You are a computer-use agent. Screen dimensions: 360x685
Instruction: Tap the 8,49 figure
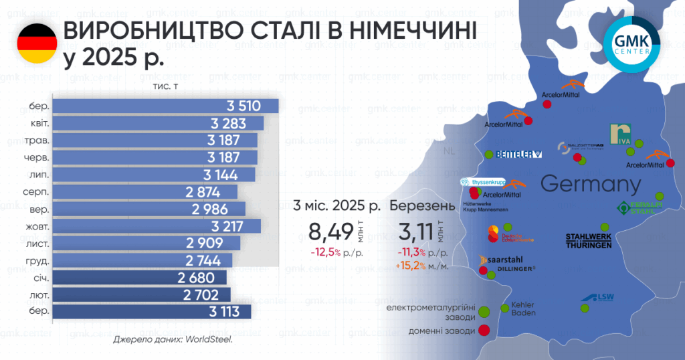tap(330, 233)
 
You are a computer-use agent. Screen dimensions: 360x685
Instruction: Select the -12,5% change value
tap(326, 253)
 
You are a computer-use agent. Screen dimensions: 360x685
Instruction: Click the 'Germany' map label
tap(590, 184)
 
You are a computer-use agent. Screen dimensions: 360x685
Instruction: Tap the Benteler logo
tap(519, 155)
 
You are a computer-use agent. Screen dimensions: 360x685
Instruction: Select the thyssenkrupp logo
tap(482, 181)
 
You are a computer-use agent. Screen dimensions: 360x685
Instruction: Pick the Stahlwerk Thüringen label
tap(588, 241)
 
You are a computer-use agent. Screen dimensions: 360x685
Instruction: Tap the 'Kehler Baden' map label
tap(522, 308)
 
